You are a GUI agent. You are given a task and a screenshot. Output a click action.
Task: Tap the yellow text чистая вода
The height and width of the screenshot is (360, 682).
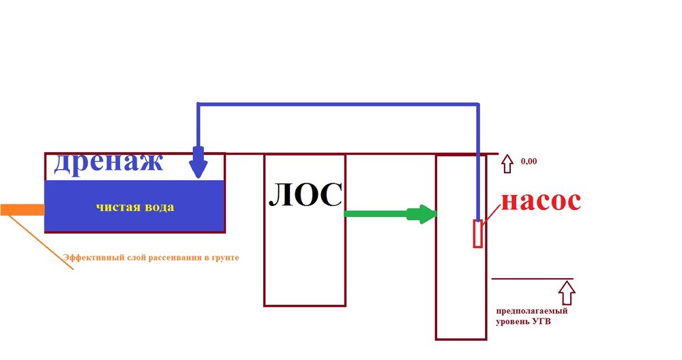click(x=135, y=207)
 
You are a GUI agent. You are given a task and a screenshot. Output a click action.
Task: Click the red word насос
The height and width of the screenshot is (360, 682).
click(x=541, y=201)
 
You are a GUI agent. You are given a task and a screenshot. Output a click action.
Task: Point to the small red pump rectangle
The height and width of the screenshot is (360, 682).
click(x=478, y=234)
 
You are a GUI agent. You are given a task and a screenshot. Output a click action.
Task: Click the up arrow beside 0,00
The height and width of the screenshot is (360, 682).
click(x=507, y=164)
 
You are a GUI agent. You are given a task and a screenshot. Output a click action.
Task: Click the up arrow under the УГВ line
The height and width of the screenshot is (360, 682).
click(x=566, y=293)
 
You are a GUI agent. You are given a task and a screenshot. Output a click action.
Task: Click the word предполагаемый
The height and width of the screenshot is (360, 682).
click(x=532, y=311)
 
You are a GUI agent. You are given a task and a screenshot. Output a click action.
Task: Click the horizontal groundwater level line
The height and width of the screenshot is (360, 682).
click(x=532, y=279)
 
